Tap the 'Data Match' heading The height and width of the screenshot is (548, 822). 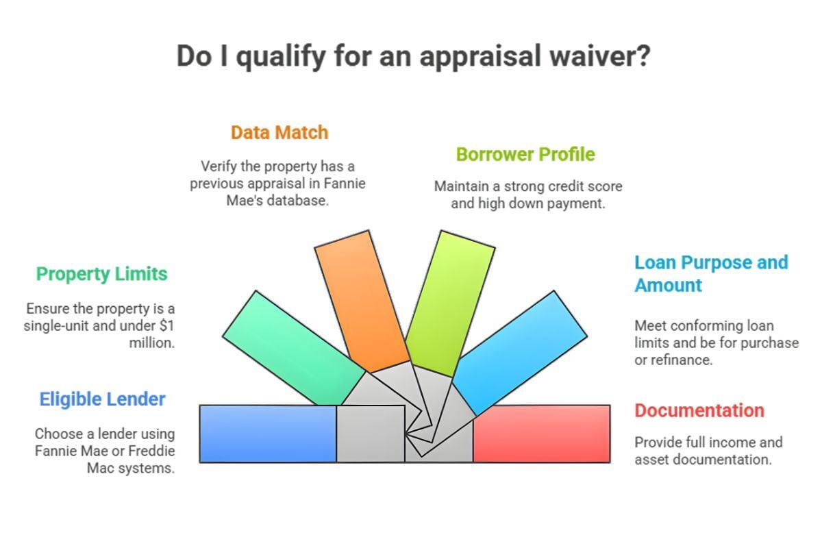[x=279, y=132]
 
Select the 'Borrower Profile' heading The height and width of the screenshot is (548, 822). [x=525, y=154]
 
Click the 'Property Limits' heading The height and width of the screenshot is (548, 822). [x=101, y=274]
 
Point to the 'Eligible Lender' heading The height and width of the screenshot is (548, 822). [x=102, y=399]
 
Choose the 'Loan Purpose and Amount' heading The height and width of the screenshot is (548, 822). [x=711, y=273]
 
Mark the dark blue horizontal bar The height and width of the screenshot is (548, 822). [x=267, y=434]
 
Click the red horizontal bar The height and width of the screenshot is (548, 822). [x=541, y=434]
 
